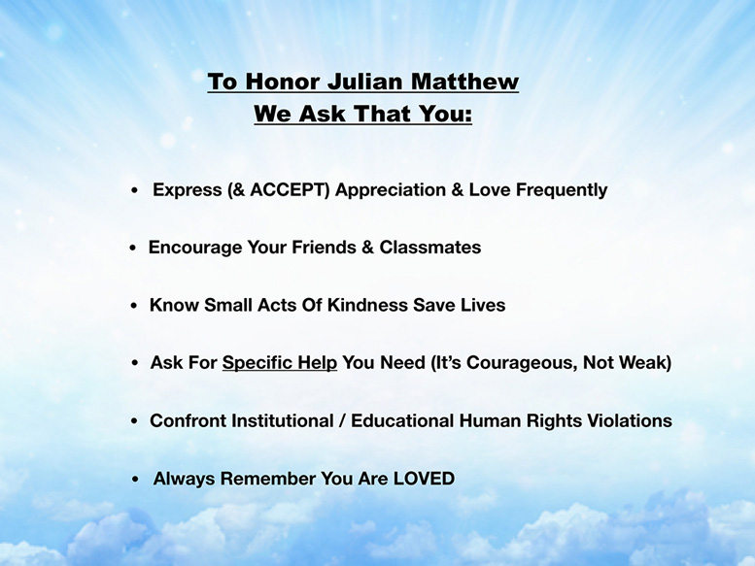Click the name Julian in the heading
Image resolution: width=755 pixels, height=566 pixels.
pos(365,82)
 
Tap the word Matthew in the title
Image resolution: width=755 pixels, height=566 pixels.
pos(464,82)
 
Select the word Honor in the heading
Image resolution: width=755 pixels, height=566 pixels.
pos(283,82)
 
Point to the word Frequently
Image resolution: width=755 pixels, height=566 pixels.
pos(562,190)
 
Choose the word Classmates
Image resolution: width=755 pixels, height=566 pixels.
pos(430,248)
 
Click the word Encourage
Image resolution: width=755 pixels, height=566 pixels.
pos(195,249)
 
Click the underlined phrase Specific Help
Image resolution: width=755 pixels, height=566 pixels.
pos(279,363)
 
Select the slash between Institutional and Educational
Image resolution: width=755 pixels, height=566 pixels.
pos(342,420)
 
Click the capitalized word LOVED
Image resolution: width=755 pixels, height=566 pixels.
pos(425,479)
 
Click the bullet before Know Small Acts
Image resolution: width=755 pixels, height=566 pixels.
pos(134,306)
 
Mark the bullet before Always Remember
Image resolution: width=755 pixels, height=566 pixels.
pos(135,480)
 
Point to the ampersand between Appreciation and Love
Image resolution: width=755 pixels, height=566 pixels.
pos(458,189)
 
